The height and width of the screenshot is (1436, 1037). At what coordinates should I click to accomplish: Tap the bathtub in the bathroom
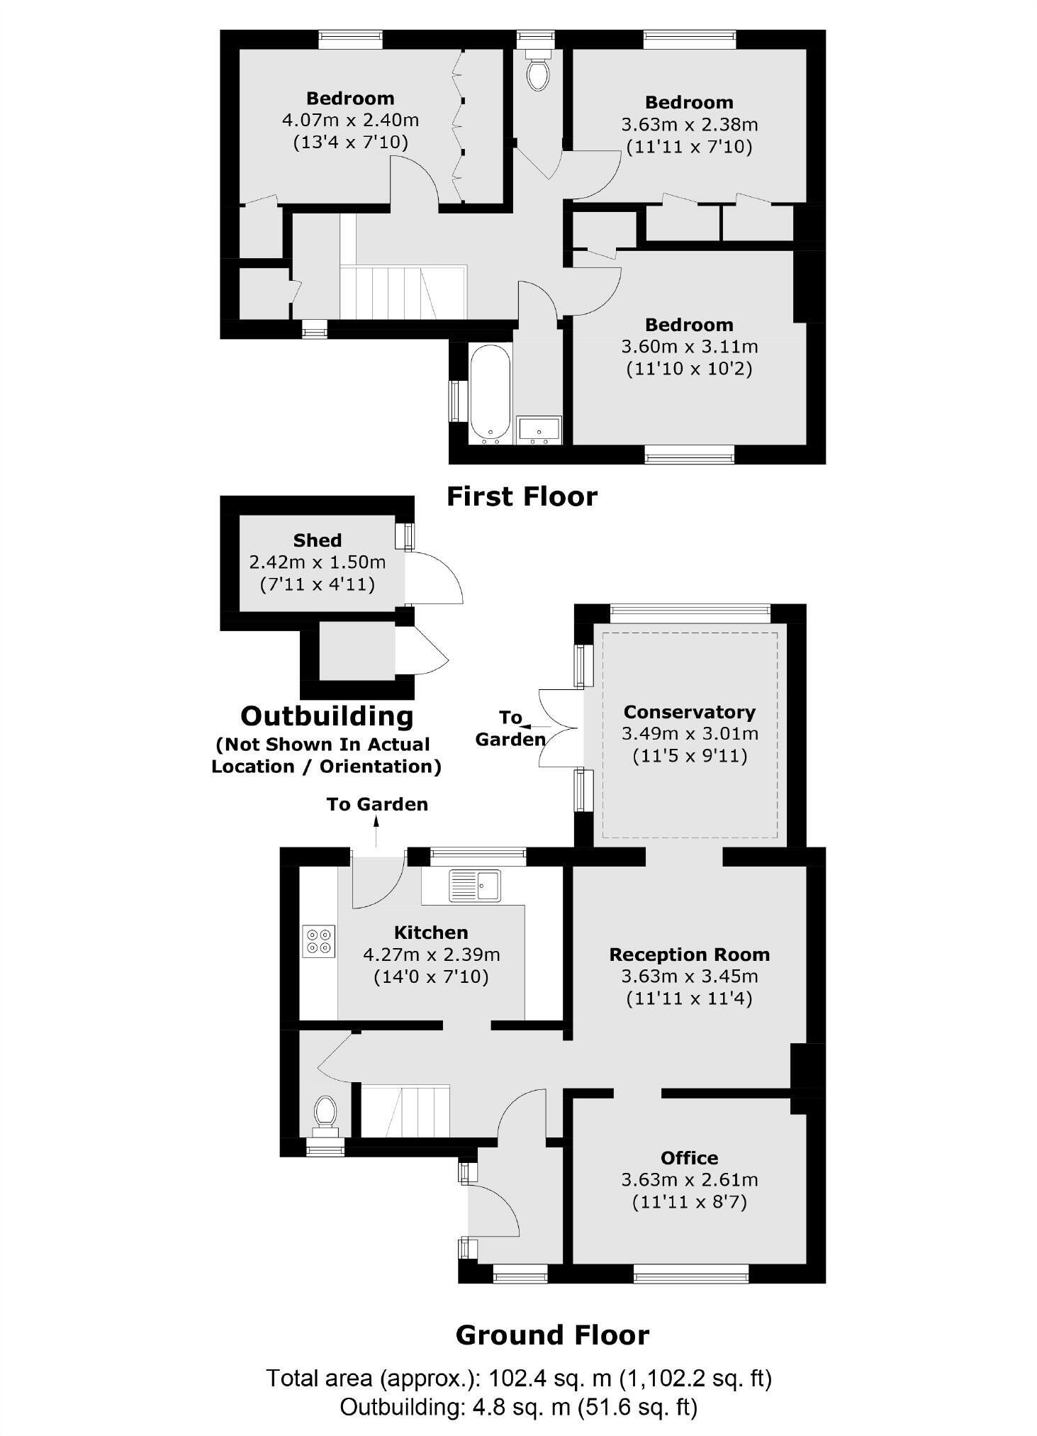pyautogui.click(x=490, y=393)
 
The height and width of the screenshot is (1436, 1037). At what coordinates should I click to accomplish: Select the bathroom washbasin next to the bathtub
pyautogui.click(x=539, y=430)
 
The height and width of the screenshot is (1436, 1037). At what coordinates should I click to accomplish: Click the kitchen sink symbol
pyautogui.click(x=475, y=885)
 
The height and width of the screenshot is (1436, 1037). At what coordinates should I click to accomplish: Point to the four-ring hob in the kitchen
pyautogui.click(x=318, y=941)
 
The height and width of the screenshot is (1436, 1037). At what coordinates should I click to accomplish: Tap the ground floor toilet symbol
pyautogui.click(x=325, y=1111)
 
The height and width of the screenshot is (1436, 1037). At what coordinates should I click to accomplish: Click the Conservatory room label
pyautogui.click(x=689, y=712)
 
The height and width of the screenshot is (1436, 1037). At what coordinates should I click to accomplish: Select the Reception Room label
pyautogui.click(x=689, y=954)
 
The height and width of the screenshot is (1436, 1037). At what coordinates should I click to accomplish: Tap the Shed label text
pyautogui.click(x=317, y=540)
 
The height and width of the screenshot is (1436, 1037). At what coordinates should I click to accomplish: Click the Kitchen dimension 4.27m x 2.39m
pyautogui.click(x=431, y=954)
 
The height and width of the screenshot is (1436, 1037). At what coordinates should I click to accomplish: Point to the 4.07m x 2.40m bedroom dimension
pyautogui.click(x=349, y=120)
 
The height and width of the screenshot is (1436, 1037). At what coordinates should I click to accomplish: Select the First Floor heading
pyautogui.click(x=522, y=496)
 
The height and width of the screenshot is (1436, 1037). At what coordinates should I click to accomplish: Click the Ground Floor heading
pyautogui.click(x=552, y=1335)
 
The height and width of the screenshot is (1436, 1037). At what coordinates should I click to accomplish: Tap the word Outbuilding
pyautogui.click(x=327, y=716)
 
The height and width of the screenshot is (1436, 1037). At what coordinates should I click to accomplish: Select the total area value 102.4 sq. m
pyautogui.click(x=550, y=1378)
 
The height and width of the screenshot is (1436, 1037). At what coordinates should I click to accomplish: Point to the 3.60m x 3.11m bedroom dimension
pyautogui.click(x=689, y=347)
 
